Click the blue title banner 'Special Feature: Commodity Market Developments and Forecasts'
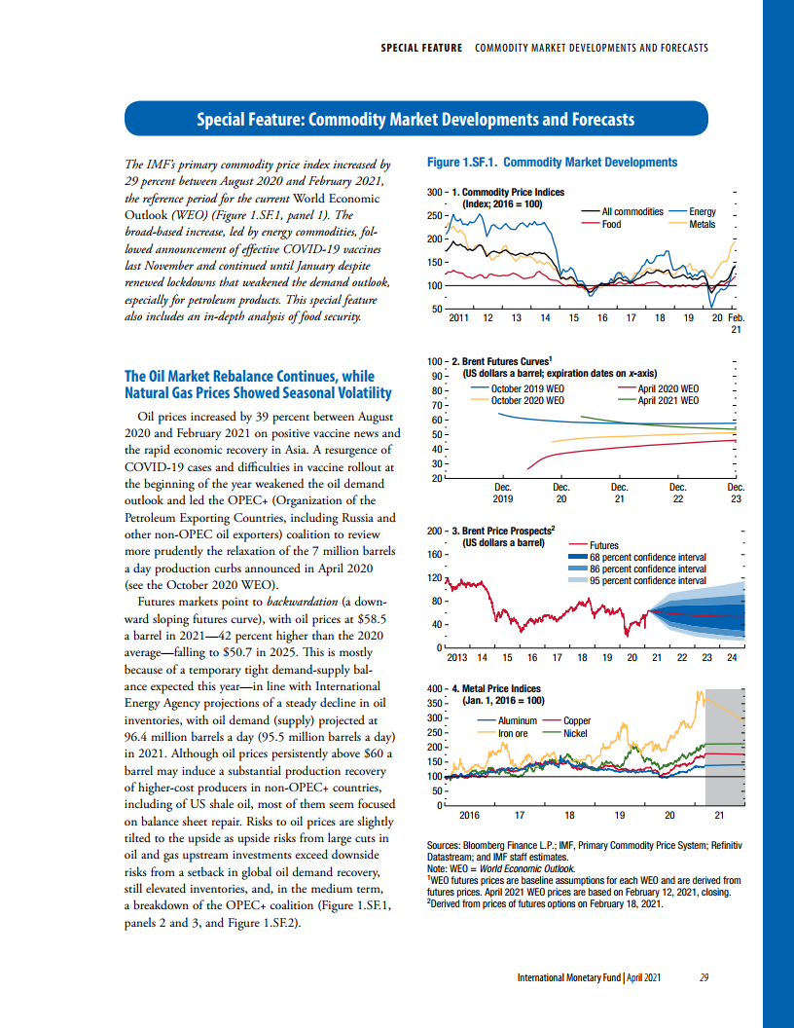point(415,120)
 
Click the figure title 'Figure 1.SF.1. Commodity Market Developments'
point(552,162)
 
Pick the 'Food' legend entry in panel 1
point(611,224)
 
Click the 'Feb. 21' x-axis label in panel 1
point(736,323)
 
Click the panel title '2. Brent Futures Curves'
point(507,361)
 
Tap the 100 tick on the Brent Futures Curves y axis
point(436,361)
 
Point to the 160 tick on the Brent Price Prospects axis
point(436,555)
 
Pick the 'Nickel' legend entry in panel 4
point(575,733)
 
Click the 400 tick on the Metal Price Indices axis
point(436,687)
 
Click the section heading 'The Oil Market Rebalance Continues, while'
point(249,377)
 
